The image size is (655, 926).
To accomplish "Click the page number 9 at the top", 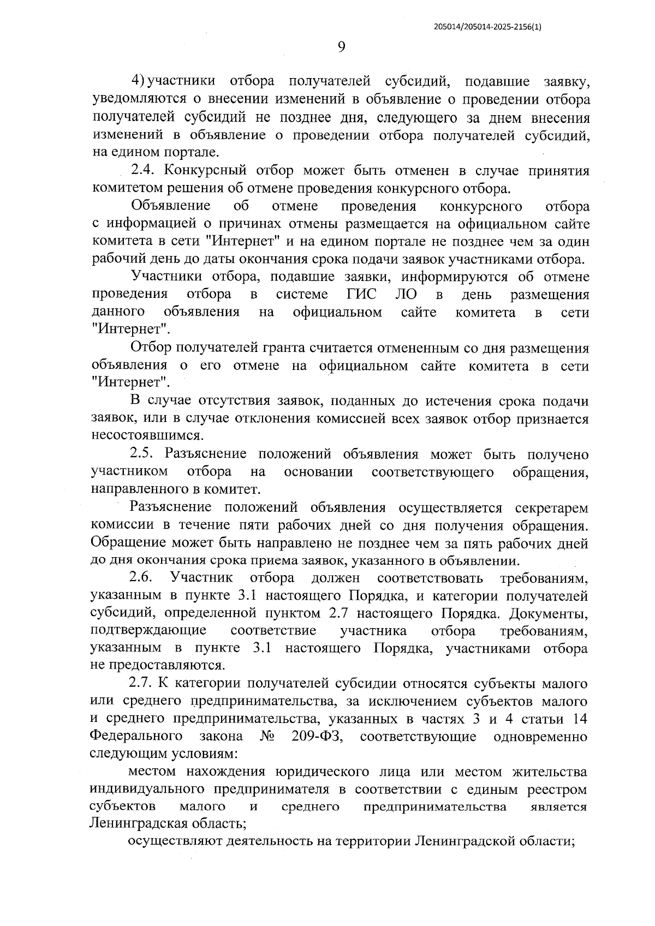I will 341,47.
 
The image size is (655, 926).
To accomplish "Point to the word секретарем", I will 552,507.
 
